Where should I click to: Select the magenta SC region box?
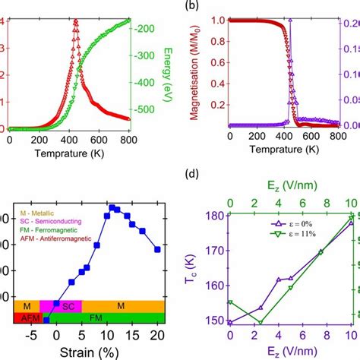(69, 305)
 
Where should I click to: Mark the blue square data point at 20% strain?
(157, 249)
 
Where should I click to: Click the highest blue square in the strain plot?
(112, 207)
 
